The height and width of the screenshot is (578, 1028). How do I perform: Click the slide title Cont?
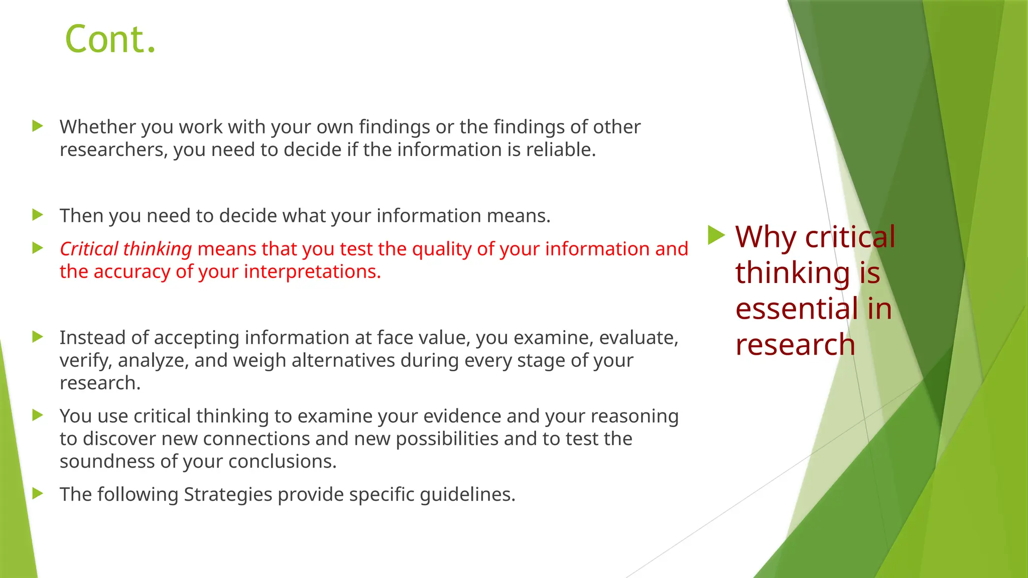point(110,39)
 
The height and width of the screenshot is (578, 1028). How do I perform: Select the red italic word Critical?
point(89,249)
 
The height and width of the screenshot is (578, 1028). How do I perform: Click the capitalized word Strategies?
point(228,494)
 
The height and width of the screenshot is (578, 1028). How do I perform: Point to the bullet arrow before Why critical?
point(716,235)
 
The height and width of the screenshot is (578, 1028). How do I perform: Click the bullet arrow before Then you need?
point(38,215)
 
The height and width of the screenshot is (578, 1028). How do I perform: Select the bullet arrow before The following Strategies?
point(38,494)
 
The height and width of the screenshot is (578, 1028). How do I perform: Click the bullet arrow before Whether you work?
point(38,126)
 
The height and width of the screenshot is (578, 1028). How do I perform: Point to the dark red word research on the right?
point(795,345)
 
